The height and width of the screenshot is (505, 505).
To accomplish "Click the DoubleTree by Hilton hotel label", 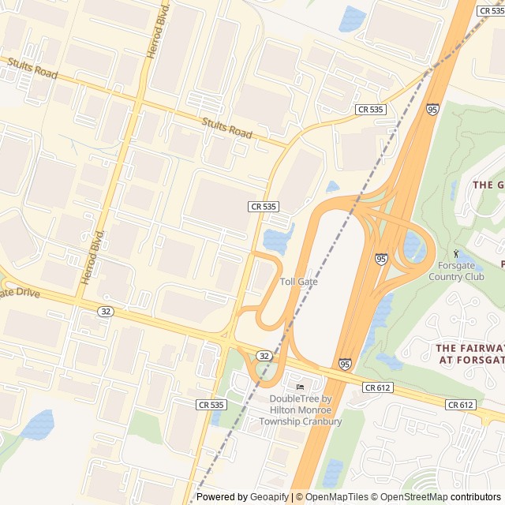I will [x=301, y=410].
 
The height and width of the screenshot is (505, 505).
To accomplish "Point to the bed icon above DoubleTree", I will [x=300, y=387].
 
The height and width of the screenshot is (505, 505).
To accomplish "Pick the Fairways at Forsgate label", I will [x=470, y=353].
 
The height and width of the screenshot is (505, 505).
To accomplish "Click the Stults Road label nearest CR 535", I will [x=226, y=128].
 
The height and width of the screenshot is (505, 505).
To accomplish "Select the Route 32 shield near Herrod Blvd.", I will [x=107, y=312].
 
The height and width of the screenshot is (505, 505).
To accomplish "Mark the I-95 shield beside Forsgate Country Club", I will [x=381, y=258].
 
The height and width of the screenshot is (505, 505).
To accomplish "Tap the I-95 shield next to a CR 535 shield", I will [x=432, y=110].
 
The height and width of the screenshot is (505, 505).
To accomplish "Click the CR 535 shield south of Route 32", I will [x=211, y=404].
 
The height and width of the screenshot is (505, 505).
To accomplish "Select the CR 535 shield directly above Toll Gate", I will [x=264, y=206].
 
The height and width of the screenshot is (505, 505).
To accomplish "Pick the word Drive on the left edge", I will [x=24, y=293].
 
